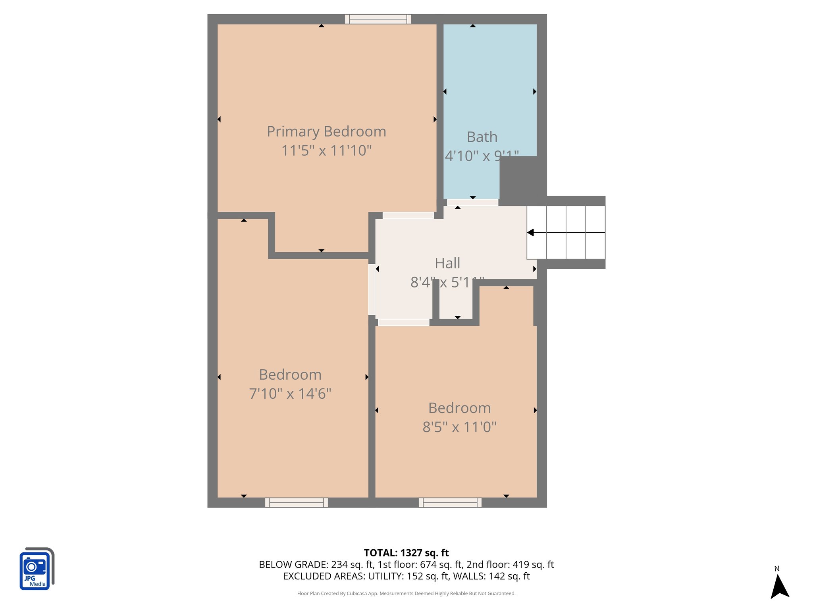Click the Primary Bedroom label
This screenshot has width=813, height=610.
click(x=326, y=131)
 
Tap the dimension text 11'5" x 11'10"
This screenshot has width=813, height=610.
click(x=326, y=151)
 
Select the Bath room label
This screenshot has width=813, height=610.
click(x=482, y=137)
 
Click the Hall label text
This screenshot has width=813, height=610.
click(x=447, y=263)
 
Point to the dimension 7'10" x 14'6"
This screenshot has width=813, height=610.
click(x=290, y=394)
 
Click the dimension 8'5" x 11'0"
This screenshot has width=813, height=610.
click(x=459, y=427)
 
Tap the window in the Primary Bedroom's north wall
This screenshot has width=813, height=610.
click(x=378, y=19)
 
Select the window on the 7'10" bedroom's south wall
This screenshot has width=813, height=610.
click(x=297, y=503)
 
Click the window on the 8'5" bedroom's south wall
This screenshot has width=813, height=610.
click(x=450, y=503)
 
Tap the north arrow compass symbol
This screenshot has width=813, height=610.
click(x=779, y=585)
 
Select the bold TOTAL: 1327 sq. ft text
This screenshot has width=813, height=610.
click(x=406, y=553)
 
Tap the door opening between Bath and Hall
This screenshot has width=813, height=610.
click(x=472, y=203)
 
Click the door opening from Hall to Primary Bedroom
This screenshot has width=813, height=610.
click(x=408, y=216)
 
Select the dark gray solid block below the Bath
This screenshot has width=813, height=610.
click(x=518, y=177)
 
